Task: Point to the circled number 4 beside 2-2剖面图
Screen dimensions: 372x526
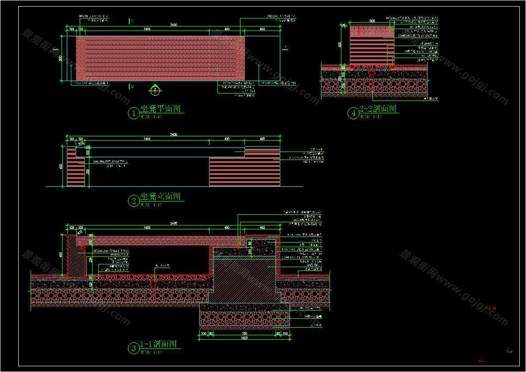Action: (x=353, y=113)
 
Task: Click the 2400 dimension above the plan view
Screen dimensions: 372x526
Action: (x=174, y=25)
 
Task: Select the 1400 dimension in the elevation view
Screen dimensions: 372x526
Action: (x=147, y=139)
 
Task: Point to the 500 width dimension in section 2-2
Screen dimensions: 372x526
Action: (x=372, y=21)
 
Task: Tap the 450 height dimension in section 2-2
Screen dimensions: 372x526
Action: (x=340, y=45)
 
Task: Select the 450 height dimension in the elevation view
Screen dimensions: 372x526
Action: (x=61, y=166)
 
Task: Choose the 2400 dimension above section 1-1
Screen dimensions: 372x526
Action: (x=174, y=223)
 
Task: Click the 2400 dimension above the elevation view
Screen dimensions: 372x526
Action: (x=174, y=134)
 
